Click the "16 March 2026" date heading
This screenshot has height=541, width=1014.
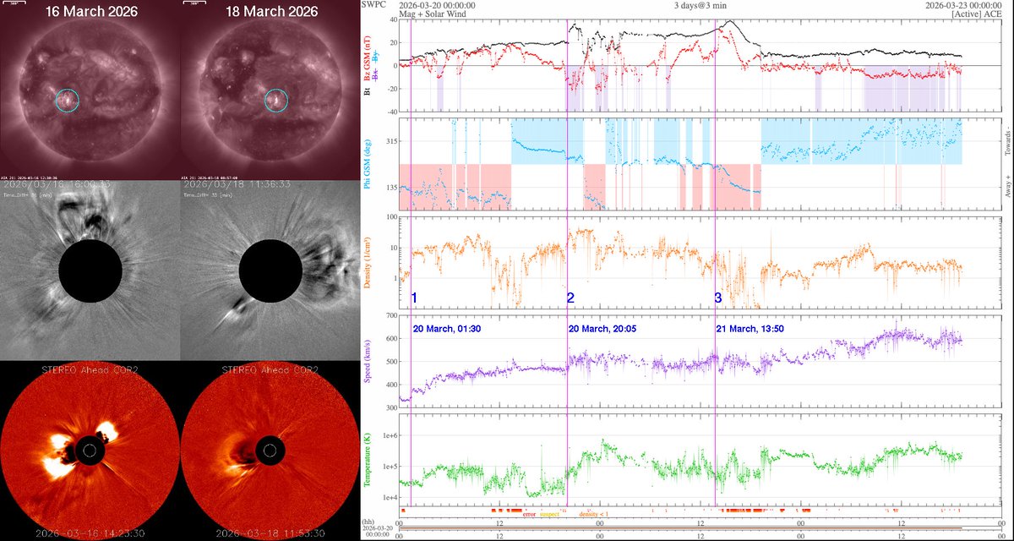[90, 12]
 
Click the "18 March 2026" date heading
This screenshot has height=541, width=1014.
[271, 12]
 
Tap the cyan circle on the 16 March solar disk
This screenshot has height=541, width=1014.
[68, 101]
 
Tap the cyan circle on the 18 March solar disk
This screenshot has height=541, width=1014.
[275, 101]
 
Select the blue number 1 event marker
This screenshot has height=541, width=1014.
[414, 298]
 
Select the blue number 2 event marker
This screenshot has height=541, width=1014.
[570, 298]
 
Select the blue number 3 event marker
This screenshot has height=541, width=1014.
[718, 298]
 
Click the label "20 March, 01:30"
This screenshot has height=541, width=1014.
[447, 328]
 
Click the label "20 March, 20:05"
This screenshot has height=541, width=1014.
[603, 328]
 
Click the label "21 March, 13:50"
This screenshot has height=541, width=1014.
[750, 328]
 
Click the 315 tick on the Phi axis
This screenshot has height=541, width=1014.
[385, 141]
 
